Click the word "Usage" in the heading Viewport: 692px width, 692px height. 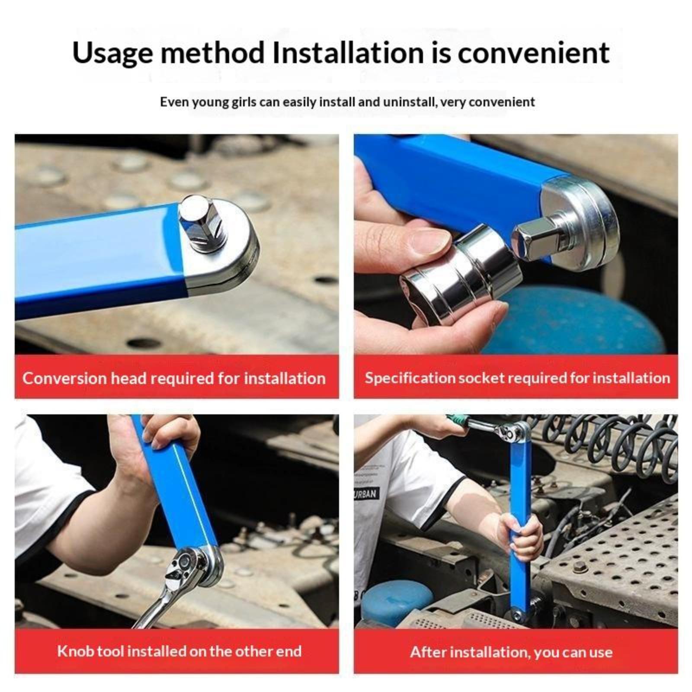112,53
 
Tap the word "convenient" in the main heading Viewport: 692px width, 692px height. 534,53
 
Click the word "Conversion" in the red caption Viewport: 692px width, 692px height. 64,378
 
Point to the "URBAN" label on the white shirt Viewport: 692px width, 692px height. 365,494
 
